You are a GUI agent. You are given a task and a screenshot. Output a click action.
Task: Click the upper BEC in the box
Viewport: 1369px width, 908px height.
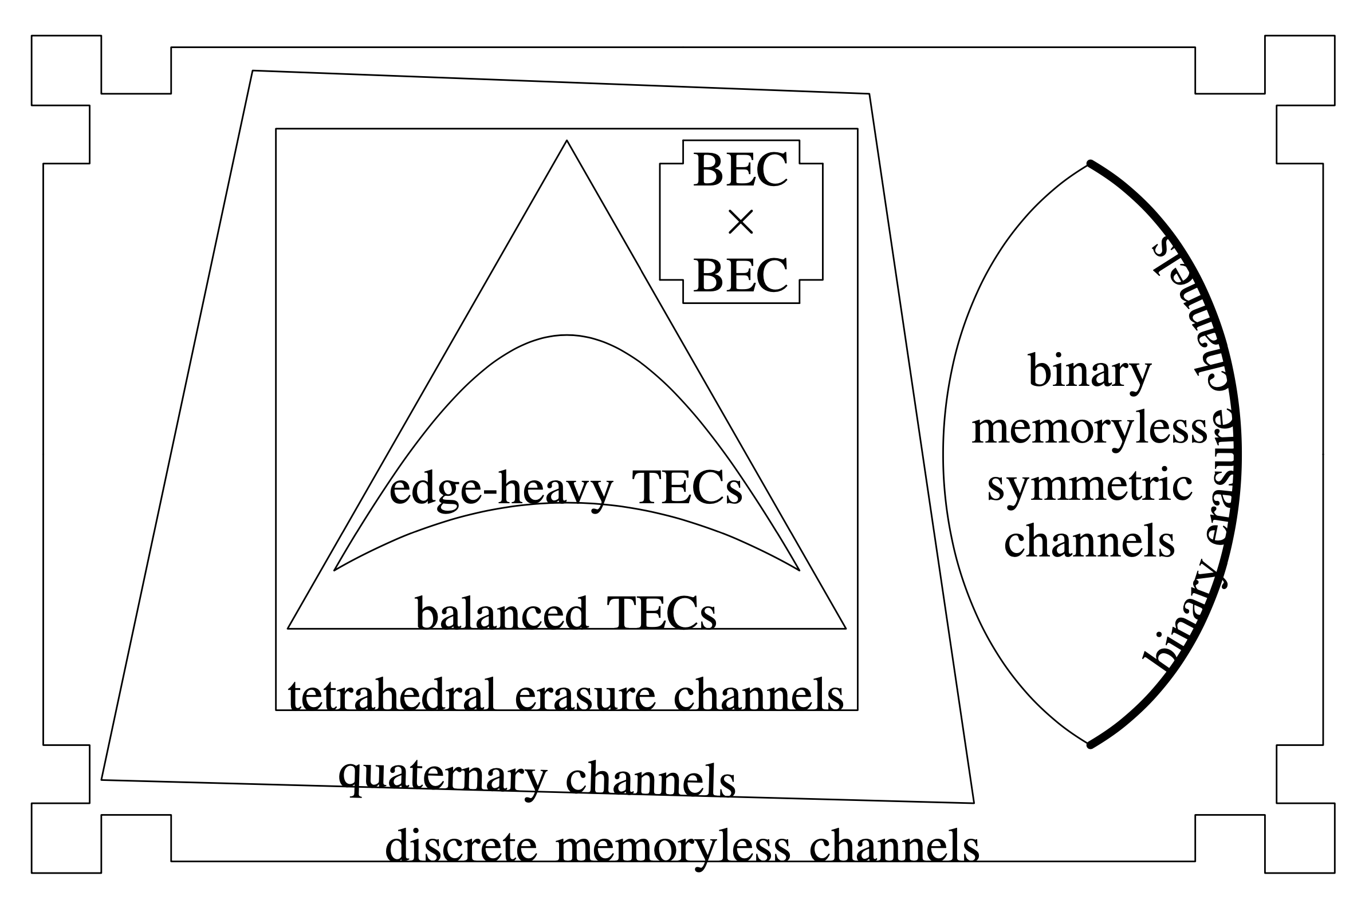click(741, 170)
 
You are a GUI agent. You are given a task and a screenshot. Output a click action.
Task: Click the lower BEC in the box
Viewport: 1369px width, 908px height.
click(741, 275)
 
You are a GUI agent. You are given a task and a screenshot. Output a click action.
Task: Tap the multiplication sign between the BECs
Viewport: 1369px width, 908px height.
click(741, 223)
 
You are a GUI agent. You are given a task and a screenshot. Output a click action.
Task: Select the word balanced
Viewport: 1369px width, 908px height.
click(502, 614)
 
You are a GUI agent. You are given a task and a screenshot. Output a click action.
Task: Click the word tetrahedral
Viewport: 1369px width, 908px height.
click(392, 696)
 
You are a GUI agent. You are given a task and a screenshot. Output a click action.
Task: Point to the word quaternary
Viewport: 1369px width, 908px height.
click(443, 777)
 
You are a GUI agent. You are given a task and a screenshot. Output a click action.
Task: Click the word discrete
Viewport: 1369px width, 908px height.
click(462, 847)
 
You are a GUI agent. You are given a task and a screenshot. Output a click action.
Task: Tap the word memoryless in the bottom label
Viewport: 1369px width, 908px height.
click(673, 847)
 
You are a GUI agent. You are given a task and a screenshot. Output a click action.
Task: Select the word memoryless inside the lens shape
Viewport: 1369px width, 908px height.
click(1089, 430)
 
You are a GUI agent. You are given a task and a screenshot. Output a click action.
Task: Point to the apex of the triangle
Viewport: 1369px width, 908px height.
click(567, 141)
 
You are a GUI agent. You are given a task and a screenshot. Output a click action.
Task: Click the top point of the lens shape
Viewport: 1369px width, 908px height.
click(1089, 164)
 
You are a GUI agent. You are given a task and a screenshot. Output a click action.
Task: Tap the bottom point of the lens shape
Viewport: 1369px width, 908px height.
click(1089, 745)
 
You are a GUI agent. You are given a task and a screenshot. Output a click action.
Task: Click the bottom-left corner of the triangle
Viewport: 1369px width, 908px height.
click(288, 628)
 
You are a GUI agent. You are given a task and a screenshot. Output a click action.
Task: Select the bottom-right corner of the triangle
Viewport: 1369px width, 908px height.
click(846, 628)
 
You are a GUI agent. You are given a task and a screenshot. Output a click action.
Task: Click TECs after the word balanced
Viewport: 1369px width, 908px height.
click(661, 614)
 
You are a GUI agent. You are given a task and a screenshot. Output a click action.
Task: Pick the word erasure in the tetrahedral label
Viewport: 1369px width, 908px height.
click(585, 696)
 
